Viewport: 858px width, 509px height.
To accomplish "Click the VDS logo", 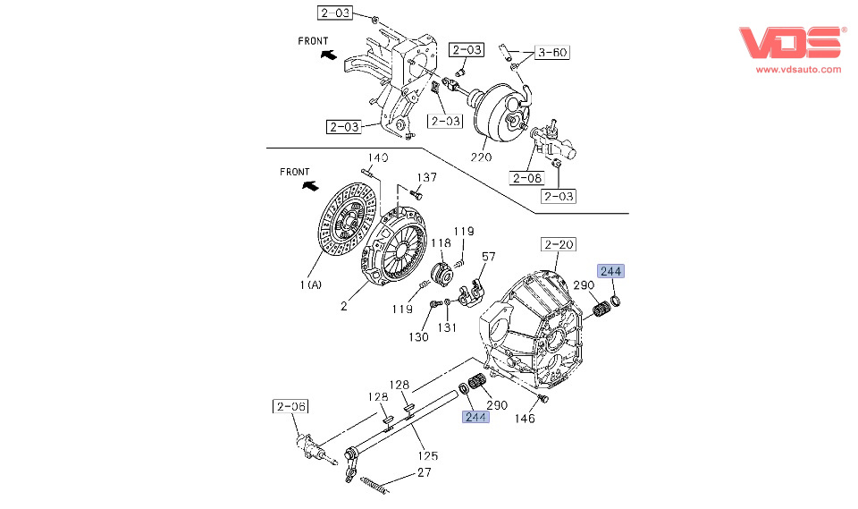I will [x=790, y=42].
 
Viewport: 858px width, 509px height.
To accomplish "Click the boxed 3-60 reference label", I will [x=551, y=53].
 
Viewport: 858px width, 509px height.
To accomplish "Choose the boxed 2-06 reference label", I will [x=290, y=406].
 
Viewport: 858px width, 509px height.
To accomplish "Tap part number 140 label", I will [x=378, y=158].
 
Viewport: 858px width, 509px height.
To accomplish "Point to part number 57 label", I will [x=488, y=257].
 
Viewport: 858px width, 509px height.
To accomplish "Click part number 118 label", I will [x=442, y=243].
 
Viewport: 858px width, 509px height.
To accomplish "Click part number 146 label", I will [x=526, y=418].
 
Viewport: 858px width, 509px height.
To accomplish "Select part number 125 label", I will [x=430, y=456].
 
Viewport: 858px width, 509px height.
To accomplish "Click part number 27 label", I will [x=424, y=473].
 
